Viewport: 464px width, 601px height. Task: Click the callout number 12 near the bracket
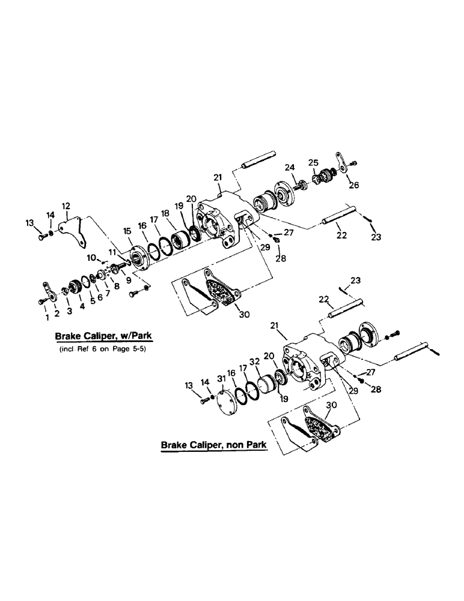[66, 206]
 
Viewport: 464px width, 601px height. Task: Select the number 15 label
[127, 231]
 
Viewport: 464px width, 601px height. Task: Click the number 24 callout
[288, 167]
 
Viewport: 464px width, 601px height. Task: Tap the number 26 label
[353, 186]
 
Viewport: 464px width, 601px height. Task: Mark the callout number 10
[91, 258]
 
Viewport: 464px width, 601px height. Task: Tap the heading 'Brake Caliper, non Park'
[213, 447]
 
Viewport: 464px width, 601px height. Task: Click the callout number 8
[116, 287]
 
